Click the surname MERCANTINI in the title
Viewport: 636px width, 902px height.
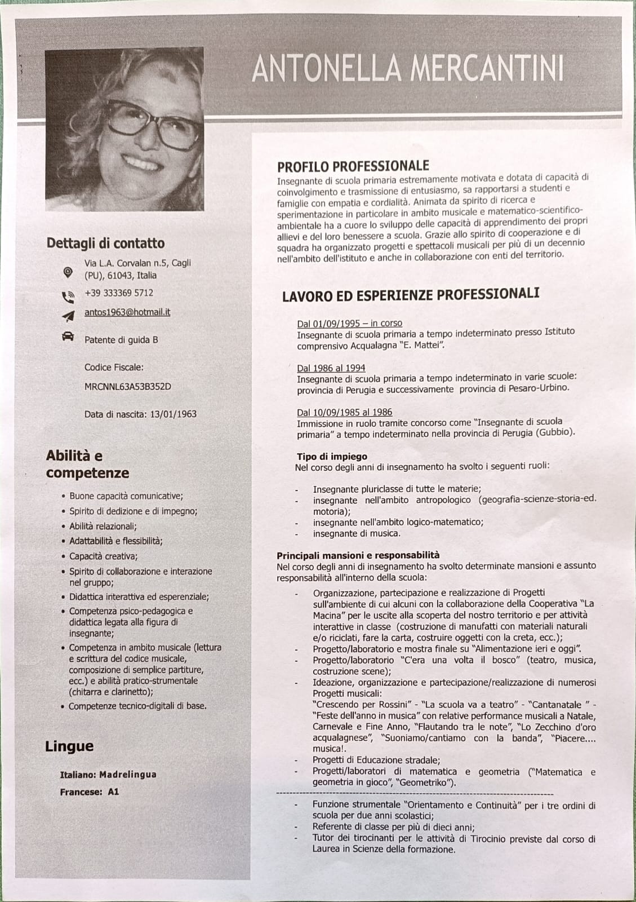point(487,69)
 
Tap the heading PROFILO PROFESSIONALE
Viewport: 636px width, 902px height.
point(353,166)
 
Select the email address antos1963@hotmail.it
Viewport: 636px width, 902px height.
point(127,312)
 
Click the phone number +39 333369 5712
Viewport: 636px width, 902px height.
point(118,293)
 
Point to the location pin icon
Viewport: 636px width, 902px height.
point(68,272)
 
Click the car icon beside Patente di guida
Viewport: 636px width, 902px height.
point(68,337)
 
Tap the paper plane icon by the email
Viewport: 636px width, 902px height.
point(68,316)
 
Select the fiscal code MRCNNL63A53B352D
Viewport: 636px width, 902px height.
point(127,387)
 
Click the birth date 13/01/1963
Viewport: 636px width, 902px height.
point(173,414)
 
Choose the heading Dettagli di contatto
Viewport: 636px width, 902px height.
point(105,244)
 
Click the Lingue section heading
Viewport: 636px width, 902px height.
point(69,746)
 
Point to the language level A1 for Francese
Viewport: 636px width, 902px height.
point(113,792)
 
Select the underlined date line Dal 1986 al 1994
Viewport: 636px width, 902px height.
point(331,368)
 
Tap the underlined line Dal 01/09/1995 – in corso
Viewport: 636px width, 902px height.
point(349,323)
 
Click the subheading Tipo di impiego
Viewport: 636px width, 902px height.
point(332,457)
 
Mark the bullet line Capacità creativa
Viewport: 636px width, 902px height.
point(103,556)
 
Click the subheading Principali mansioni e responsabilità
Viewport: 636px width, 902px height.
point(358,555)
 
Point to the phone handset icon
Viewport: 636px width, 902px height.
point(68,296)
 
